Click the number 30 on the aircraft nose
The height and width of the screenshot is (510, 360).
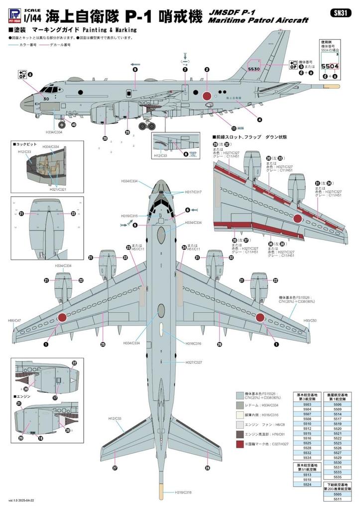pyautogui.click(x=46, y=99)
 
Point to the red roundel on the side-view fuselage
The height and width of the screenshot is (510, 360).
pyautogui.click(x=207, y=95)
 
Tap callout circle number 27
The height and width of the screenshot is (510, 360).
pyautogui.click(x=115, y=468)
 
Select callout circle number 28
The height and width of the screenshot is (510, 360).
pyautogui.click(x=207, y=468)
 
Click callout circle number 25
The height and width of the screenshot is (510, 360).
pyautogui.click(x=103, y=344)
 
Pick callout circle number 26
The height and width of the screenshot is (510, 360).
pyautogui.click(x=219, y=344)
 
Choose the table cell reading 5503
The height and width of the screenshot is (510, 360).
pyautogui.click(x=307, y=405)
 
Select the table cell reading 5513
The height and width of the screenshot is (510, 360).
pyautogui.click(x=307, y=475)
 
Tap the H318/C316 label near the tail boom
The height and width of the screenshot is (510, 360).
pyautogui.click(x=183, y=493)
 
